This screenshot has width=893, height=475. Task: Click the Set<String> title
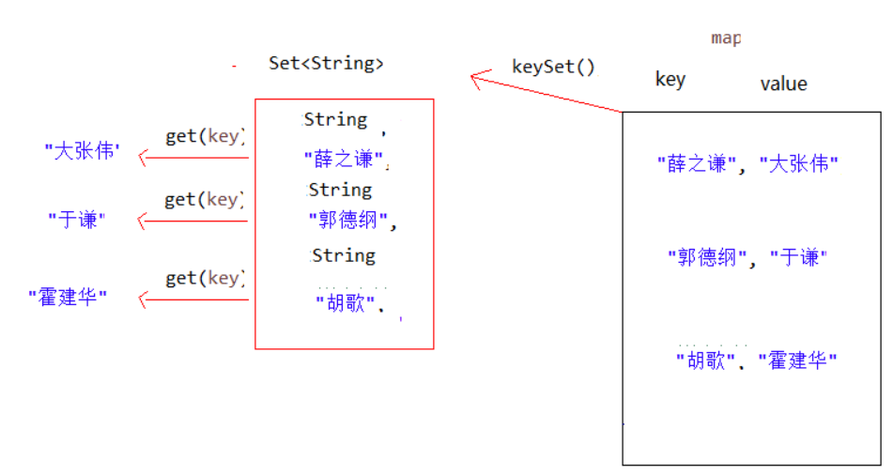[326, 64]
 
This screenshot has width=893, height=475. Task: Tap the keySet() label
[553, 67]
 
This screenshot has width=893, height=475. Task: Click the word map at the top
[726, 38]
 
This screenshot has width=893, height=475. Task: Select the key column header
[670, 80]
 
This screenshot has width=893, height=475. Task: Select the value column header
[783, 84]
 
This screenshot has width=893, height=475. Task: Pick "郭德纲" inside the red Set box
[349, 222]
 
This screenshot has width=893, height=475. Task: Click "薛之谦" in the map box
[697, 163]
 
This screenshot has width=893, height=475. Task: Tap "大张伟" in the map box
[798, 163]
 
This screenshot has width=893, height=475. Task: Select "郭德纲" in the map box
[707, 257]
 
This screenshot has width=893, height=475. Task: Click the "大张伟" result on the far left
[83, 150]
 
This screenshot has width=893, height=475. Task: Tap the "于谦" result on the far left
[77, 220]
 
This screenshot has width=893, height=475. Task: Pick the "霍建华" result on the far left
[68, 299]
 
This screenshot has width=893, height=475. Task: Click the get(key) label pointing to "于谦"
[205, 199]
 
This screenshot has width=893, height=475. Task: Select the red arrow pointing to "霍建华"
[193, 299]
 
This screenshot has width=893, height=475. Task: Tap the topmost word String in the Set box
[335, 119]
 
